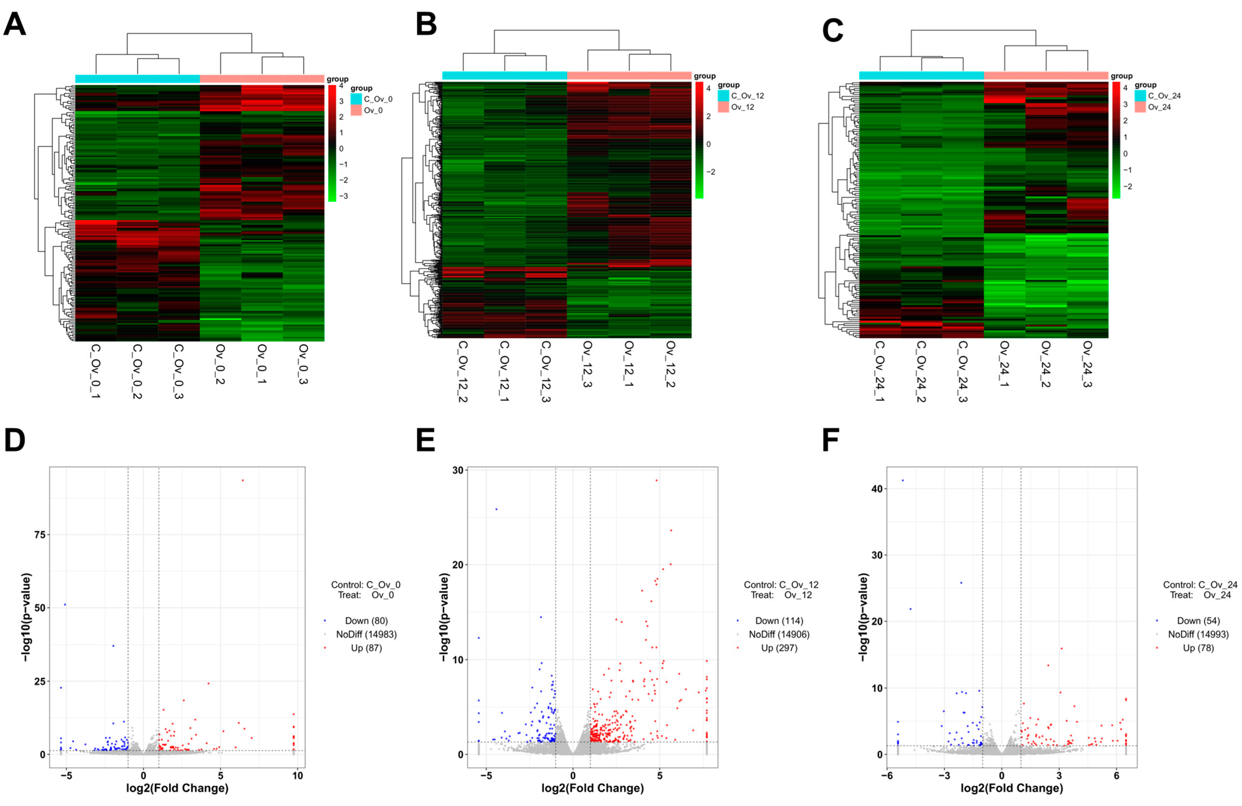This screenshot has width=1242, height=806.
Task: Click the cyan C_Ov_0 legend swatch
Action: coord(356,99)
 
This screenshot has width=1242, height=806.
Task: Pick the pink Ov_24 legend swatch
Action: coord(1140,107)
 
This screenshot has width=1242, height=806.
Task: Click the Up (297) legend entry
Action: coord(779,648)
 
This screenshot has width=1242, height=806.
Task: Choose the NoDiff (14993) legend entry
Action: coord(1198,634)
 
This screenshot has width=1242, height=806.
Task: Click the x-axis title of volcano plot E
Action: coord(592,788)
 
